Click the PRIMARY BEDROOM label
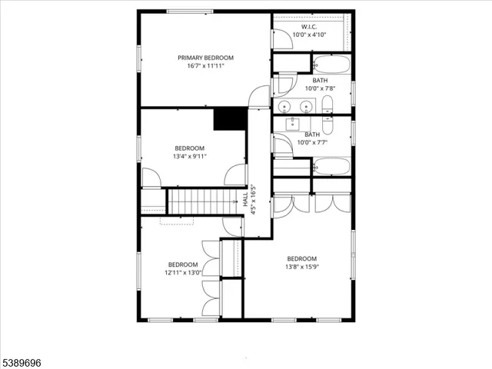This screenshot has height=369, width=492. click(x=205, y=58)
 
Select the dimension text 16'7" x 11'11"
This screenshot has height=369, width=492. click(x=205, y=66)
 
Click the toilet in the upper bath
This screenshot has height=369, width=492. click(x=328, y=105)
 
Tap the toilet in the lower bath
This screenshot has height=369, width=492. click(x=328, y=122)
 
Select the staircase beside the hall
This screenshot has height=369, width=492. click(x=201, y=202)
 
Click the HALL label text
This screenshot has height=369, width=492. click(x=246, y=199)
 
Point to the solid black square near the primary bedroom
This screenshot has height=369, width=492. click(x=230, y=118)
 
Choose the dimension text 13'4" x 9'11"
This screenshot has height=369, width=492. click(x=189, y=157)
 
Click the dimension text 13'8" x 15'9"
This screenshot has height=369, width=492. click(x=301, y=267)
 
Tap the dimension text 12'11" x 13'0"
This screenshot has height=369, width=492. click(x=183, y=272)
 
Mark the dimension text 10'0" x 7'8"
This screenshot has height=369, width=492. click(x=321, y=88)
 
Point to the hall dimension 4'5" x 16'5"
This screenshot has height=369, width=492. click(x=254, y=199)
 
